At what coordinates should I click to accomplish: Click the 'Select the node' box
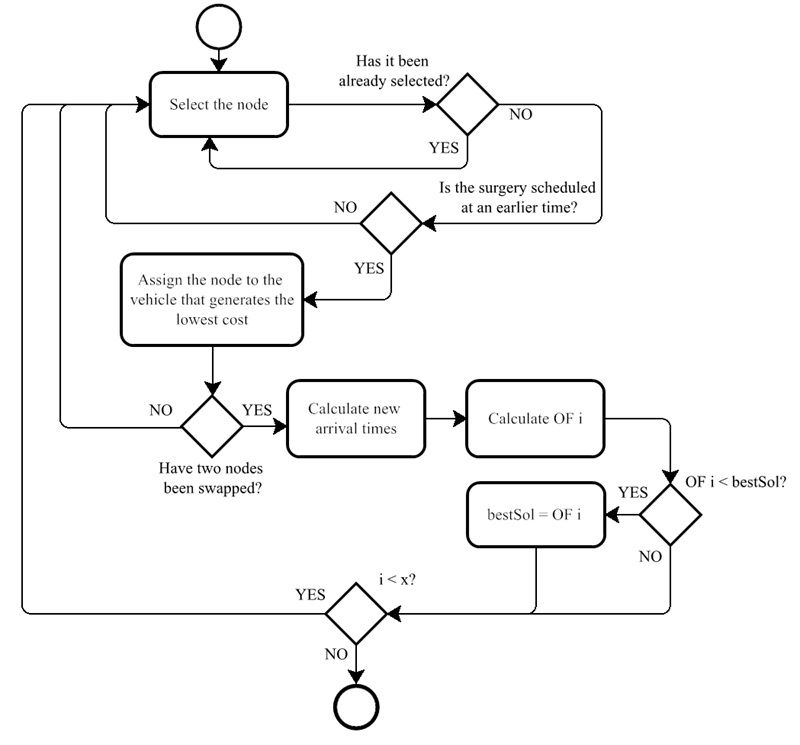click(x=219, y=104)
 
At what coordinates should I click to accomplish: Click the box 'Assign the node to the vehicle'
click(x=212, y=299)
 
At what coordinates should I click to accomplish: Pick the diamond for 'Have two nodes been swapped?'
click(x=212, y=425)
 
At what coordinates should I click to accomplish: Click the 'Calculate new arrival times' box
click(x=353, y=419)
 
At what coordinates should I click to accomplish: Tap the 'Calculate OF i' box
click(x=535, y=419)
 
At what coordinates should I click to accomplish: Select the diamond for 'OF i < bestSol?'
click(x=670, y=515)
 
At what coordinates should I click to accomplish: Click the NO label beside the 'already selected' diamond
click(x=521, y=114)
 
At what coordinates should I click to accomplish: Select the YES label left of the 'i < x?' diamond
click(x=310, y=594)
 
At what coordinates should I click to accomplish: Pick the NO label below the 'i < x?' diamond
click(x=335, y=653)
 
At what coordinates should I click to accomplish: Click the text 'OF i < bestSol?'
click(x=735, y=483)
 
